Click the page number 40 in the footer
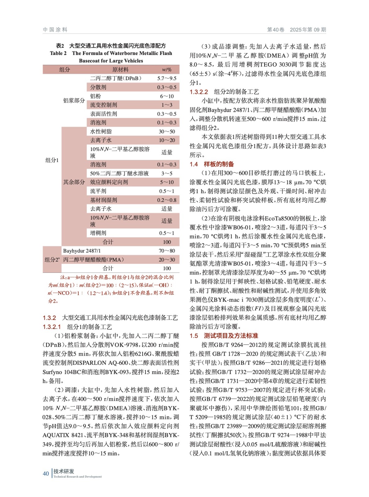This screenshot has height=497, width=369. coord(46,473)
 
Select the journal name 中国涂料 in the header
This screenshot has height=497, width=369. coord(55,30)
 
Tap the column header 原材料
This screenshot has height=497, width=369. coord(120,70)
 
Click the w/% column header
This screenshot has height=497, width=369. coord(167,70)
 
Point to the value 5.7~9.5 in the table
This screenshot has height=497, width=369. coord(167,79)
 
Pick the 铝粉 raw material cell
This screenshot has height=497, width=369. coord(95,96)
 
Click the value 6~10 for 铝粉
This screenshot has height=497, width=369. coord(167,96)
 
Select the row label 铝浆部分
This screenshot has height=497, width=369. coord(74,100)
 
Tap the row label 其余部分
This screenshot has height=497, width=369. coord(74,182)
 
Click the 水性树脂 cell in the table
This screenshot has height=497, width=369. coord(101,132)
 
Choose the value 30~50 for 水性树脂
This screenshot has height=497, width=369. coord(167,132)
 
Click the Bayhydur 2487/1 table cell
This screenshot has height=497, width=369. coord(82,251)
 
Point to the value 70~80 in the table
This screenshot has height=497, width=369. coord(167,251)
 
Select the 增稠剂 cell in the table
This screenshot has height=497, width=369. coord(98,233)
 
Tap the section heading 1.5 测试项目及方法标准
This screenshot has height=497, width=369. coord(224,336)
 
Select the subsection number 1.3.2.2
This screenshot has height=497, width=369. coord(199,92)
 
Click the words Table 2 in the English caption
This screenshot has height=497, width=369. coord(58,53)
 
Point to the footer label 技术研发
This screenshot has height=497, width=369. coord(64,471)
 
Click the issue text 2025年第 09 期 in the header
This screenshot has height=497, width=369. coord(308,30)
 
